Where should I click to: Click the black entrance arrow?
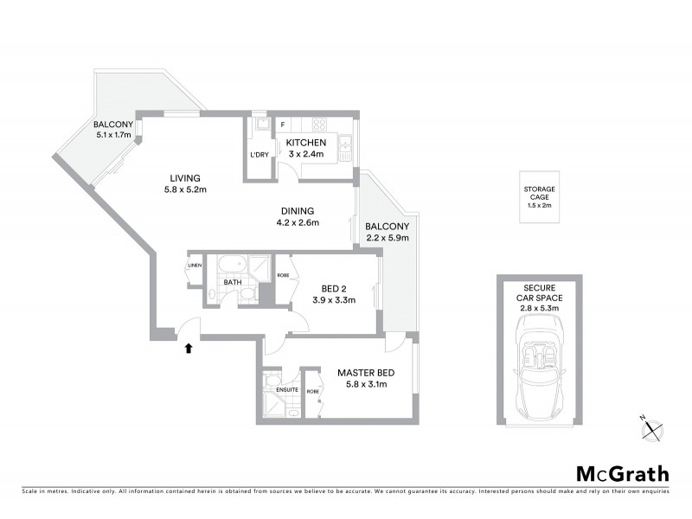188,348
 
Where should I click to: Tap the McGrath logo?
622,473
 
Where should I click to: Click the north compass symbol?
651,425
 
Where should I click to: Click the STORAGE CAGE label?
539,193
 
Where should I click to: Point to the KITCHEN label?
306,143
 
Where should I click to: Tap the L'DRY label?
259,155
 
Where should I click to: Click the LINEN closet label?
195,265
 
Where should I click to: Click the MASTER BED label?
366,373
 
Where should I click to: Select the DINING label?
297,210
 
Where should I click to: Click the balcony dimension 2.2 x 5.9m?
387,238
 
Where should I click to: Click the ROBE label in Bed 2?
283,275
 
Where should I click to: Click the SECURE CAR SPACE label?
539,292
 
